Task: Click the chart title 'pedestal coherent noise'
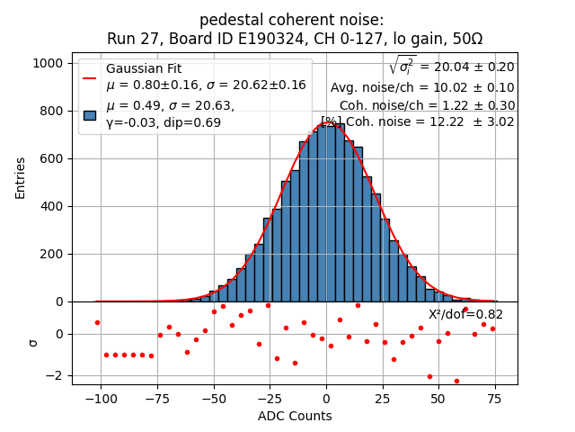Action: pyautogui.click(x=291, y=20)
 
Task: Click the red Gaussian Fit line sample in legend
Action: pyautogui.click(x=90, y=77)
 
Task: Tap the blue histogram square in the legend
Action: pyautogui.click(x=90, y=114)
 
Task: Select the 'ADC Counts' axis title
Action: pyautogui.click(x=295, y=416)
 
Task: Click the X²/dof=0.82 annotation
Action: pyautogui.click(x=465, y=314)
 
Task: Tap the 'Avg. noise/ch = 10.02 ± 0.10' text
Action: pyautogui.click(x=422, y=87)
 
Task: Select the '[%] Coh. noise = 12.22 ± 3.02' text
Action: pyautogui.click(x=418, y=121)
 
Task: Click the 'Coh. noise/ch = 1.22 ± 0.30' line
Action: pyautogui.click(x=427, y=105)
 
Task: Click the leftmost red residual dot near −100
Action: pyautogui.click(x=97, y=322)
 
